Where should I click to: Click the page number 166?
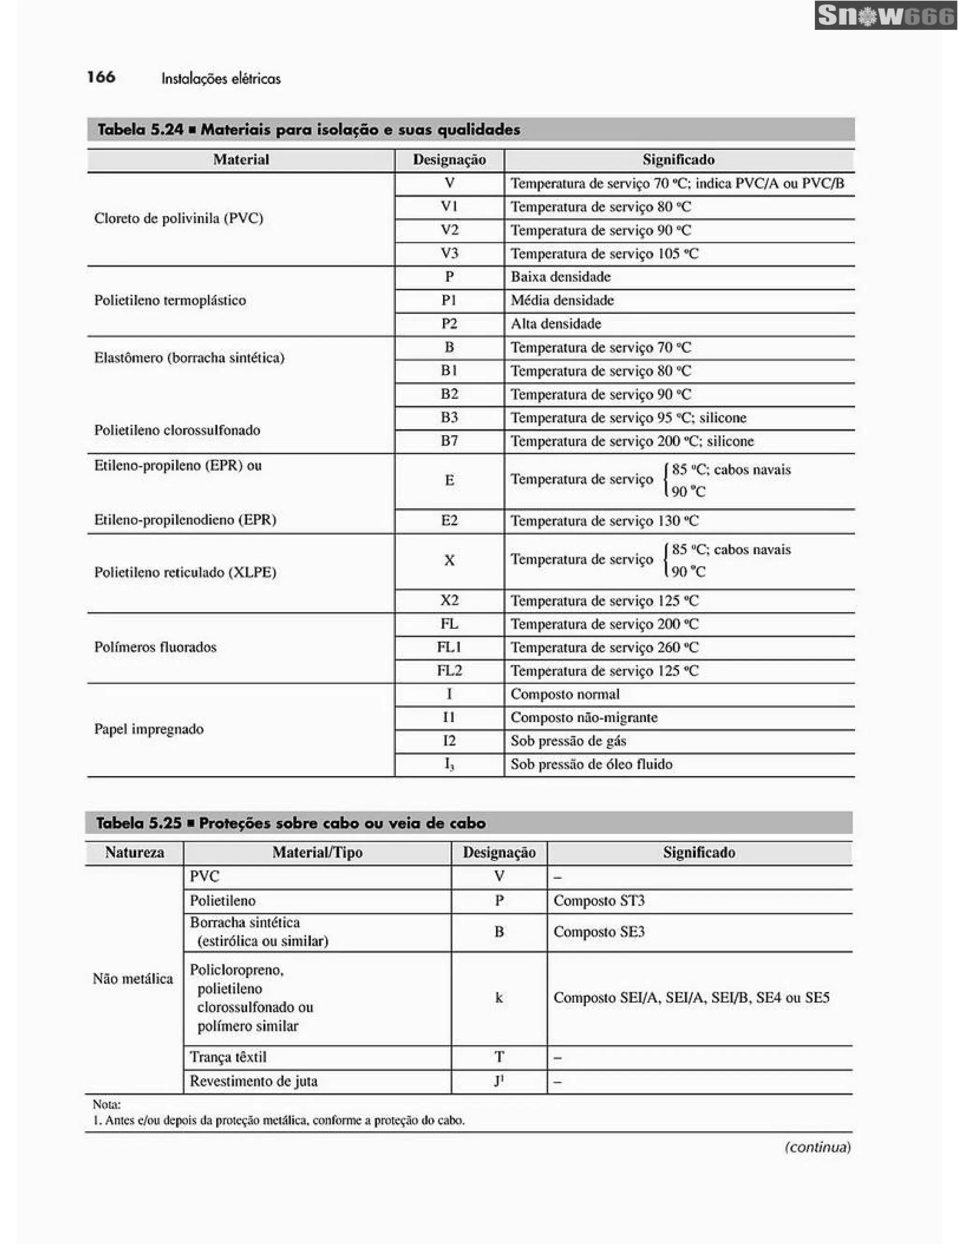102,77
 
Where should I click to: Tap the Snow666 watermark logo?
885,15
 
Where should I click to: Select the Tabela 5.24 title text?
308,129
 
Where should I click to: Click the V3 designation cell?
450,253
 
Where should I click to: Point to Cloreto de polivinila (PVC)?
179,218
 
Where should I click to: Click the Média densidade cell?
562,300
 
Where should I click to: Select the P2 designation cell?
450,324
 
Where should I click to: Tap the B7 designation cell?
450,441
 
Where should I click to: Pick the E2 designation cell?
450,520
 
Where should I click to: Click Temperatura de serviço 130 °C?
604,521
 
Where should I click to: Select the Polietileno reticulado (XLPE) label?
185,572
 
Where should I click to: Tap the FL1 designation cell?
450,647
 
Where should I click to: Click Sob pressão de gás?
568,740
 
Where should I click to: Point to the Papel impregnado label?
149,729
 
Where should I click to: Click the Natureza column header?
134,852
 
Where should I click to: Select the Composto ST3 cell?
599,901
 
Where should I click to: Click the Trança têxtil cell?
228,1056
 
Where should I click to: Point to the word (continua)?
817,1147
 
